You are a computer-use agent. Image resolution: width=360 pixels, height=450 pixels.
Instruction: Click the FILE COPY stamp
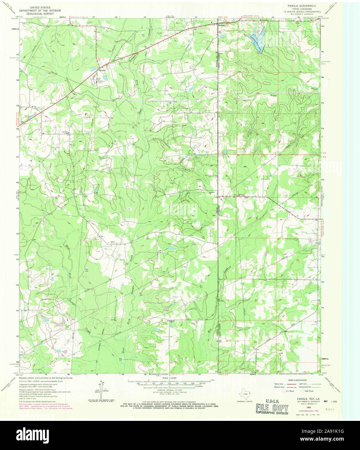click(271, 407)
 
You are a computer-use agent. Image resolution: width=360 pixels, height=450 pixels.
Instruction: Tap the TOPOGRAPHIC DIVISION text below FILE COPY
click(271, 413)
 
